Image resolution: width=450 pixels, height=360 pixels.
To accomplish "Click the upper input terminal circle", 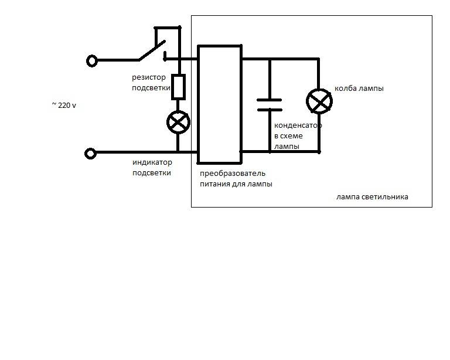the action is pos(92,61).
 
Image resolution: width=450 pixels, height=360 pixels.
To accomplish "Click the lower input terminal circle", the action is pos(90,153).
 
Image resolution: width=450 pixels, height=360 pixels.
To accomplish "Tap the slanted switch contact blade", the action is pos(152,50).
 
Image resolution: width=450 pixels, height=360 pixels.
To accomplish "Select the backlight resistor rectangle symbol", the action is pos(178,87).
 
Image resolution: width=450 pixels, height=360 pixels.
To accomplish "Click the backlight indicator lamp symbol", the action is pos(178,123).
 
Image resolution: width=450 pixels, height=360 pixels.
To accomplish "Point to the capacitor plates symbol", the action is pos(270,105).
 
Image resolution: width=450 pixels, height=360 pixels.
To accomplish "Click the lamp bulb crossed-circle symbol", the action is pos(319,101).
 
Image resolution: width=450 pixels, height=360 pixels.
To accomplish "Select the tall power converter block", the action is pos(220,104).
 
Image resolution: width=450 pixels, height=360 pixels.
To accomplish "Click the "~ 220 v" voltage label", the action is pos(64,105).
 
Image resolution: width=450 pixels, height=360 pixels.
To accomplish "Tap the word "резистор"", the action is pos(149,77).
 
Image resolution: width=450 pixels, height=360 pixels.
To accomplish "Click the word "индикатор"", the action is pos(152,162).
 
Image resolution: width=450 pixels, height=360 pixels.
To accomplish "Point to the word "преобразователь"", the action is pos(233,174).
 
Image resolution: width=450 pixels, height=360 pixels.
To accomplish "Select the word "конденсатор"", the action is pos(298,125).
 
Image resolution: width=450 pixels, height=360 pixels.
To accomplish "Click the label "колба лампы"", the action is pos(359,88).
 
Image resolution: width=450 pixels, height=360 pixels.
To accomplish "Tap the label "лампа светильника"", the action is pos(372,197).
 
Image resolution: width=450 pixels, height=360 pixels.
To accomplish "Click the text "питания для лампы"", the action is pos(236,184).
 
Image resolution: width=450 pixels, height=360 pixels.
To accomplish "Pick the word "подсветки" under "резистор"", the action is pos(151,87).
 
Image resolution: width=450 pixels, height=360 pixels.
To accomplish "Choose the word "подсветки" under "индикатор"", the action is pos(152,172).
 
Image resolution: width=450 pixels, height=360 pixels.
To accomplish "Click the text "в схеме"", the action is pos(288,136).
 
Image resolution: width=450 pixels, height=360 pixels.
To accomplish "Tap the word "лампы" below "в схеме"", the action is pos(287,146).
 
